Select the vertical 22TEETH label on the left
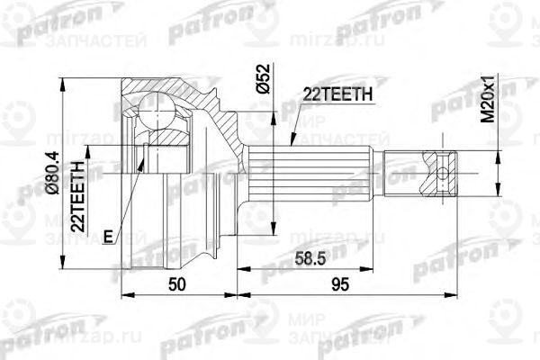79,199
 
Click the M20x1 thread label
489,101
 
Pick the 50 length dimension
178,285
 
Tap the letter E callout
108,237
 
